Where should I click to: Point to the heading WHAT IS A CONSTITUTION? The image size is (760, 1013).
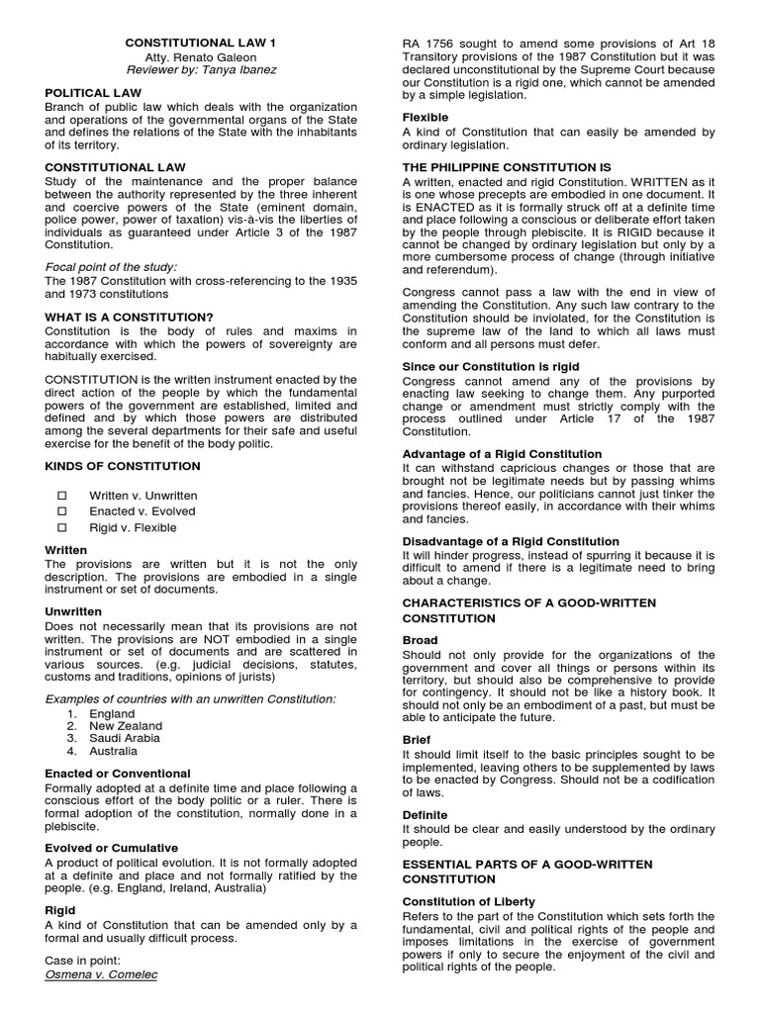coord(130,317)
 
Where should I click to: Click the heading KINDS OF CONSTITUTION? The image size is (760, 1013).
coord(123,465)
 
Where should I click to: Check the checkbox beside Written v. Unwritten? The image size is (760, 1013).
coord(62,496)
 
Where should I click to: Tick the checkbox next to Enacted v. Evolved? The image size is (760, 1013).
coord(62,511)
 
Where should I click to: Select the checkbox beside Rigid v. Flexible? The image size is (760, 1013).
coord(62,527)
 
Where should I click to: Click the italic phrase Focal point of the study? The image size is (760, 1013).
coord(111,267)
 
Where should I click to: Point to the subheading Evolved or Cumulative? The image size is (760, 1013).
coord(112,848)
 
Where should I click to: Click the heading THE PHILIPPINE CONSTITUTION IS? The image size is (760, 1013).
coord(506,167)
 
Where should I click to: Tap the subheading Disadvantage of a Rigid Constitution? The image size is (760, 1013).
coord(511,541)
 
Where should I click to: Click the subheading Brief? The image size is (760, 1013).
coord(417,739)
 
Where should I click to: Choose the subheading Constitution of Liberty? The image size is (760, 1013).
coord(468,901)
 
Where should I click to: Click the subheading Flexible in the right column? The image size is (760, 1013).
coord(425,117)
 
